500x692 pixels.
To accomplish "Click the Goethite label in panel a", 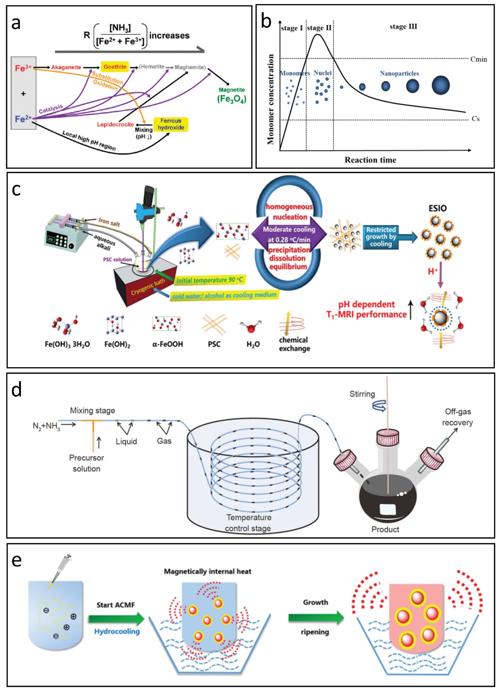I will coord(115,67).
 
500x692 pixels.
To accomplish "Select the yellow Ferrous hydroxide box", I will coord(171,124).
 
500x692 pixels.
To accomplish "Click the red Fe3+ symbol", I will coord(23,68).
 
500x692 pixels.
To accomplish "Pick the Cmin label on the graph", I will coord(478,59).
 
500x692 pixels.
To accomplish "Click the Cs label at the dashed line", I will coord(475,119).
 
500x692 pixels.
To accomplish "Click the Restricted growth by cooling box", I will coord(381,237).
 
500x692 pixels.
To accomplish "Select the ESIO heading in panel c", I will coord(437,208).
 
